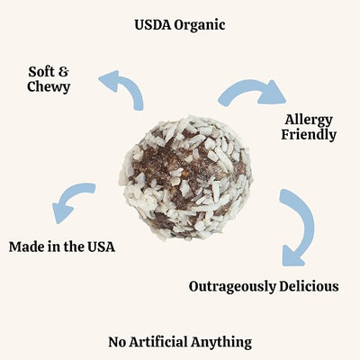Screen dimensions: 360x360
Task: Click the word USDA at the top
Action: pyautogui.click(x=153, y=24)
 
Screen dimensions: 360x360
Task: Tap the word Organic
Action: pyautogui.click(x=200, y=26)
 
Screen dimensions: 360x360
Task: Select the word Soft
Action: pyautogui.click(x=41, y=72)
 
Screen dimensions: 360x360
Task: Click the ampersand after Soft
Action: pyautogui.click(x=63, y=72)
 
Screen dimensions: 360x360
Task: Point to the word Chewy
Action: pyautogui.click(x=49, y=87)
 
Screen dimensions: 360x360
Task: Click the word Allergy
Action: pyautogui.click(x=309, y=121)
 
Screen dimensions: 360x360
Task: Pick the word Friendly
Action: pyautogui.click(x=309, y=135)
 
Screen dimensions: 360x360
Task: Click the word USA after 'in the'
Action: pyautogui.click(x=101, y=247)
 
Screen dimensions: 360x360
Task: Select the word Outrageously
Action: pyautogui.click(x=232, y=287)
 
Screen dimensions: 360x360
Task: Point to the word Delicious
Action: pyautogui.click(x=309, y=286)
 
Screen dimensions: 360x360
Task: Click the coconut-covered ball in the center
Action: pyautogui.click(x=186, y=178)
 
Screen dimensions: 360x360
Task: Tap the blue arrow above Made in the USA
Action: pyautogui.click(x=72, y=195)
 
